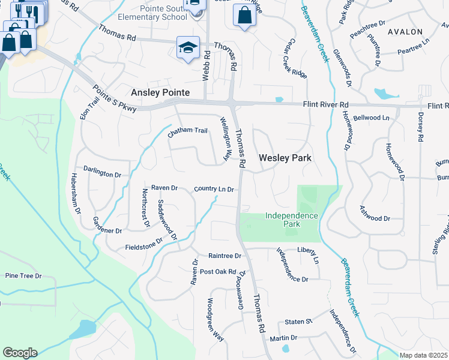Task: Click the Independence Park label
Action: click(x=291, y=219)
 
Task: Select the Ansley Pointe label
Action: click(x=160, y=92)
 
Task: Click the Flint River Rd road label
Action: click(x=325, y=104)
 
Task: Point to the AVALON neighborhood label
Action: click(x=405, y=31)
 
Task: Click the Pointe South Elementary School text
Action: click(x=155, y=13)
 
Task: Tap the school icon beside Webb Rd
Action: click(x=188, y=47)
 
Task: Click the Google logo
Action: click(x=20, y=352)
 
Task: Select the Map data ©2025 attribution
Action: click(x=423, y=355)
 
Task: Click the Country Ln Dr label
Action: click(x=213, y=189)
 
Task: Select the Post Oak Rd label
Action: click(x=218, y=272)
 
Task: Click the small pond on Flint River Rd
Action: click(x=279, y=100)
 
